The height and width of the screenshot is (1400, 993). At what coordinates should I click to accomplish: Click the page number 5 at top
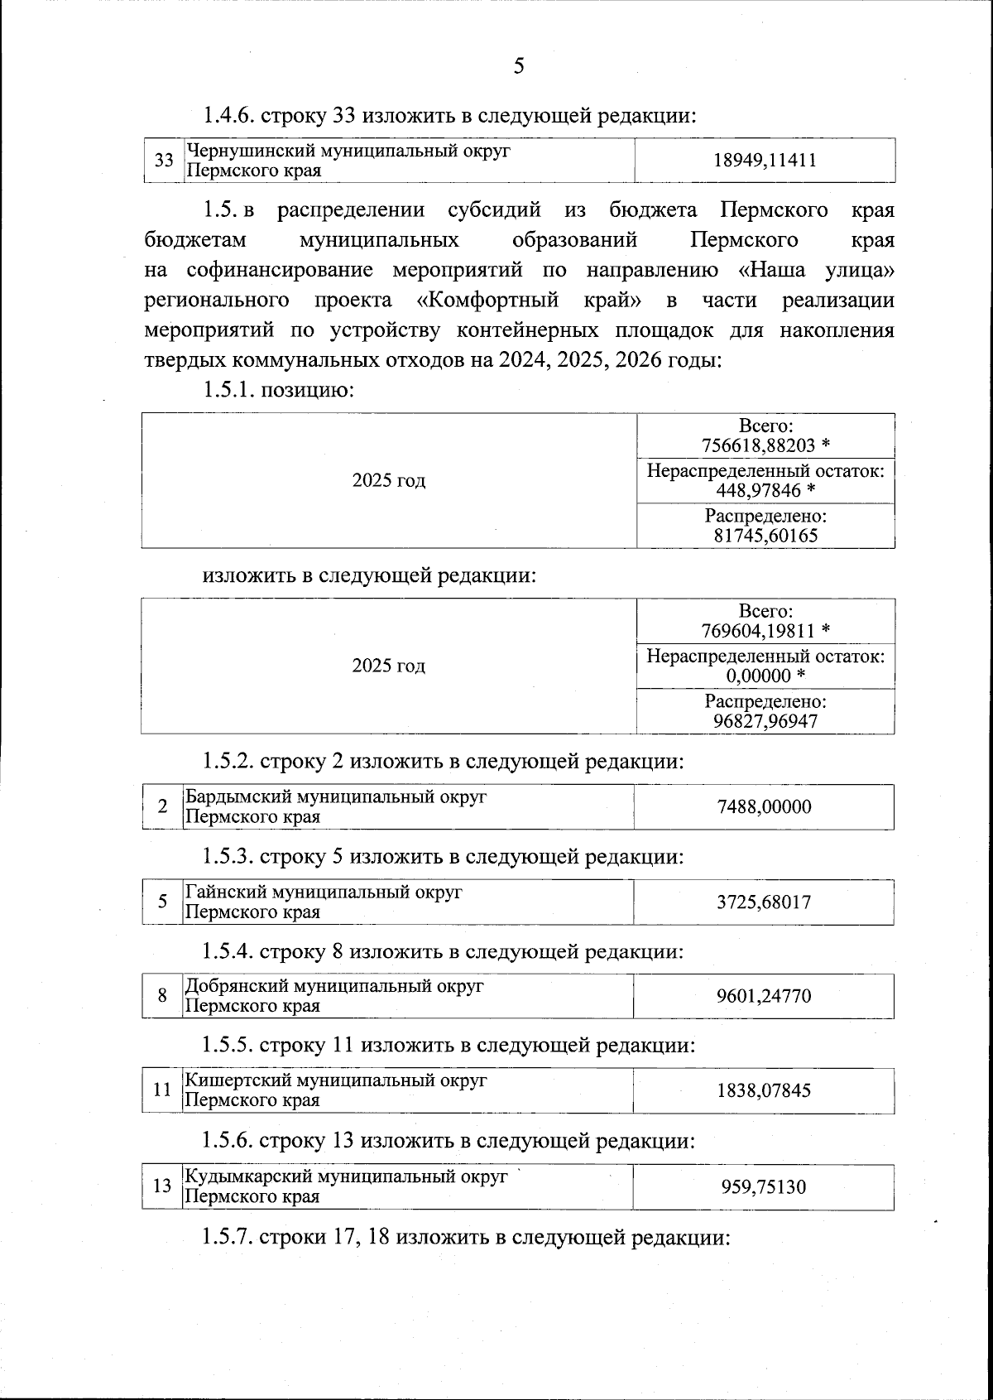coord(519,66)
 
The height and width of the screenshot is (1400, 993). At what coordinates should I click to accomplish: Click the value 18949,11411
coord(765,161)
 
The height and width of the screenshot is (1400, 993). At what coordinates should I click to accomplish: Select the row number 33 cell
coord(164,160)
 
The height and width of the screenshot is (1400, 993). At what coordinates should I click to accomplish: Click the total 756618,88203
coord(758,445)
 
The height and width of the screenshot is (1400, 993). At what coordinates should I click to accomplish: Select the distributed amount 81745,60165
coord(765,536)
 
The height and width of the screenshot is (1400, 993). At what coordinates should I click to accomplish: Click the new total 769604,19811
coord(758,631)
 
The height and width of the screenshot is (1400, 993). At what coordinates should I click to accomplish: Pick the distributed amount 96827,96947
coord(765,721)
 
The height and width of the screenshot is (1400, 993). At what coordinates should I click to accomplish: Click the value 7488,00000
coord(764,806)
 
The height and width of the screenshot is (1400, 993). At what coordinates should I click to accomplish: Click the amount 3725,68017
coord(764,902)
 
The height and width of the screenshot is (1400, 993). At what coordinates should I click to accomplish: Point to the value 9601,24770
coord(764,996)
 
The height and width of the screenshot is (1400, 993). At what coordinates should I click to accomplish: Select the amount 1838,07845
coord(764,1090)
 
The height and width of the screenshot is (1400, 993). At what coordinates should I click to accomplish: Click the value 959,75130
coord(764,1187)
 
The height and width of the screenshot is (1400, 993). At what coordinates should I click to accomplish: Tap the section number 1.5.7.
coord(228,1238)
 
